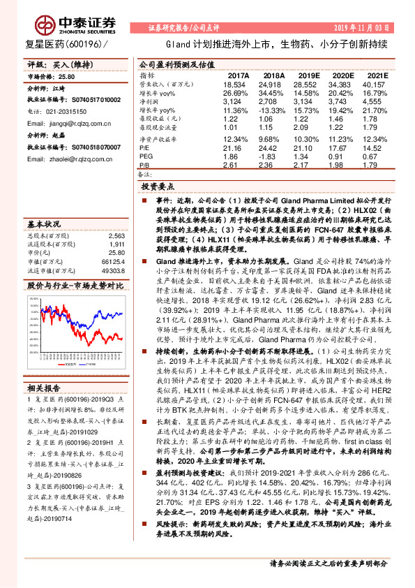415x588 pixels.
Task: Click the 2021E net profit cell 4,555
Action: coord(373,101)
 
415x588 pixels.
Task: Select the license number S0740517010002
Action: coord(98,101)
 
